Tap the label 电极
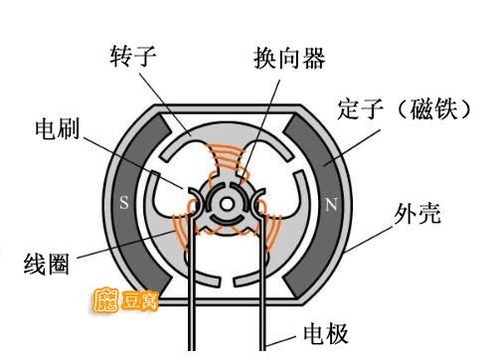325,332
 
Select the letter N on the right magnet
331,204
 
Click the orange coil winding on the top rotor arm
227,160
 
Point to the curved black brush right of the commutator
261,199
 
